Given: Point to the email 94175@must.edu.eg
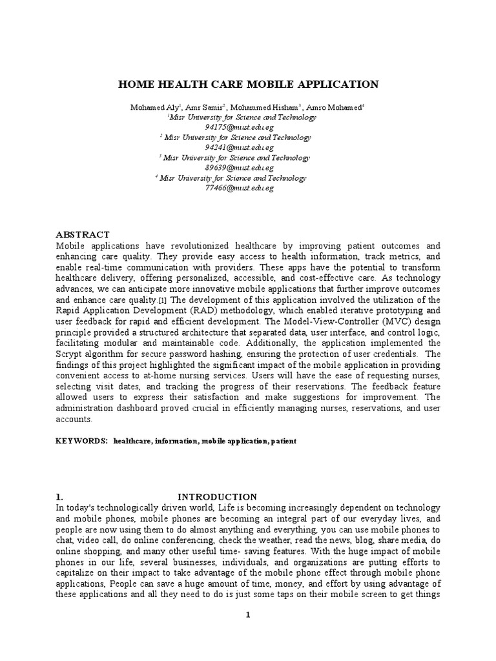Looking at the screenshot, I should (x=234, y=127).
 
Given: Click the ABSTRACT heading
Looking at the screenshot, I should (x=83, y=234).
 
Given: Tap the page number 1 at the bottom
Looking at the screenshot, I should (x=247, y=615).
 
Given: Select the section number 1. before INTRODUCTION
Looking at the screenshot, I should (x=59, y=497).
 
